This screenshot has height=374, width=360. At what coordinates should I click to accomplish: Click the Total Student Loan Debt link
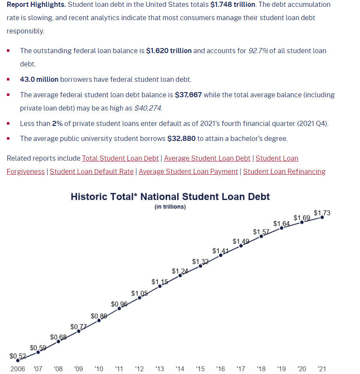(120, 158)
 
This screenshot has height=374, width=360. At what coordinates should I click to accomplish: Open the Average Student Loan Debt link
(207, 158)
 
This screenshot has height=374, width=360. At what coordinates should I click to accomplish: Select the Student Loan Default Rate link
(92, 171)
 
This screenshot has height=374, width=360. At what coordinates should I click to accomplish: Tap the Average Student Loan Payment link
(188, 171)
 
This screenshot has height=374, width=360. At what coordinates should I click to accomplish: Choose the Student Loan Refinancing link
(284, 171)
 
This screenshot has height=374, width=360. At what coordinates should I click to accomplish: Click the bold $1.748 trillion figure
(233, 4)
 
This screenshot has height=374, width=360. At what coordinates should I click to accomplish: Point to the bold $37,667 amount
(188, 95)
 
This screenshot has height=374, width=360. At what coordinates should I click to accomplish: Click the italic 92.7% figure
(258, 51)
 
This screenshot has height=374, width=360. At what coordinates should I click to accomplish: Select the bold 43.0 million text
(39, 79)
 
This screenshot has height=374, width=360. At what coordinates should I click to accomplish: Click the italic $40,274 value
(148, 108)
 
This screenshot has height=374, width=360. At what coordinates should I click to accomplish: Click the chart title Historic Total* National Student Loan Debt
(170, 197)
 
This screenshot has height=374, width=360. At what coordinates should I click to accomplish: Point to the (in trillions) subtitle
(170, 206)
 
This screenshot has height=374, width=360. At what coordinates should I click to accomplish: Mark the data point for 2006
(18, 361)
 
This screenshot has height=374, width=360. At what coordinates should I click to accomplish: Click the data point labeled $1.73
(322, 217)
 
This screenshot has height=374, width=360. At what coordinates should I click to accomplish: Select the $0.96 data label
(119, 304)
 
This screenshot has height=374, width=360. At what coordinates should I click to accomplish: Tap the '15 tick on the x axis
(200, 368)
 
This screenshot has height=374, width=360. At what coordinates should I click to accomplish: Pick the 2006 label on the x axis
(18, 368)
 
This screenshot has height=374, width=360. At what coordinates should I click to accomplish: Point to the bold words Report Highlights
(36, 4)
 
